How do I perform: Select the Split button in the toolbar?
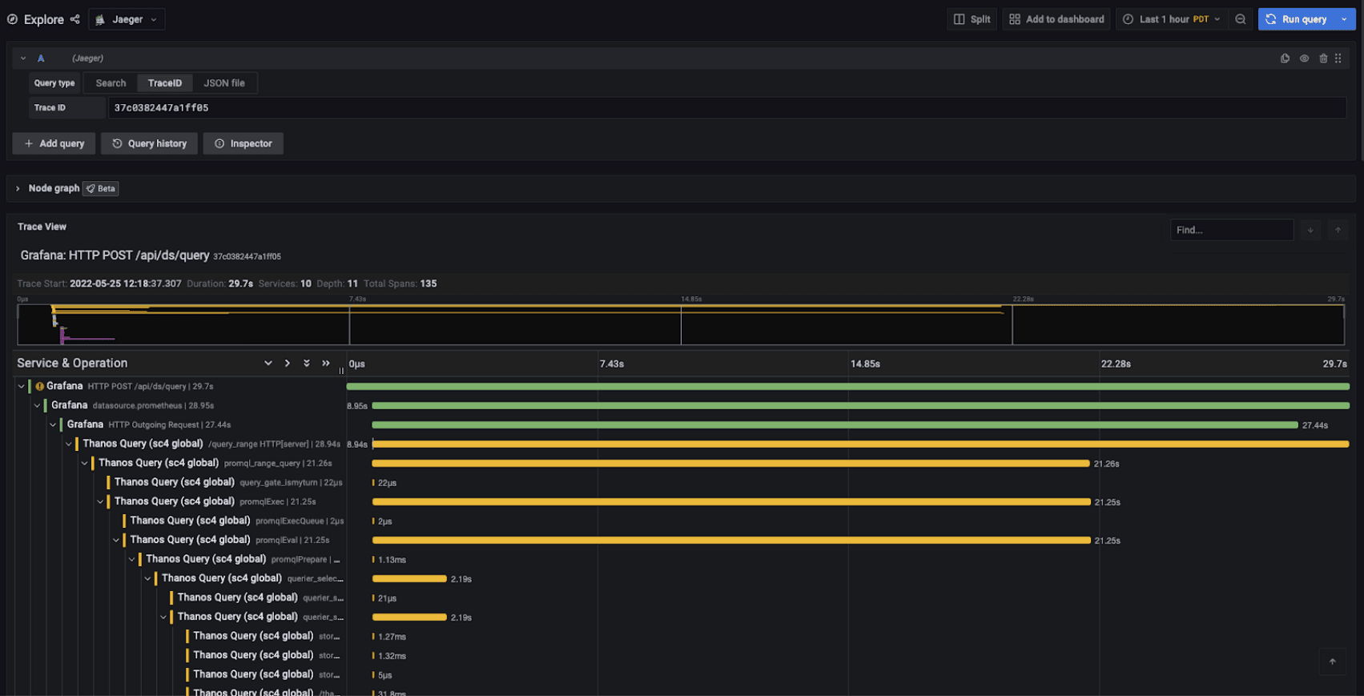click(972, 19)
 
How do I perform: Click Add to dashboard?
click(1056, 19)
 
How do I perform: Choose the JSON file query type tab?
click(224, 83)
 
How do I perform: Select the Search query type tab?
click(111, 83)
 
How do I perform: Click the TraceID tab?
click(165, 83)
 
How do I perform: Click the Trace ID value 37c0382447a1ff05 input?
click(721, 108)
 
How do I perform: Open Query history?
click(150, 143)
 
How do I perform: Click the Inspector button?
click(243, 143)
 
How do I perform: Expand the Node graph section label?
click(54, 188)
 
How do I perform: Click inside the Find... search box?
click(1231, 230)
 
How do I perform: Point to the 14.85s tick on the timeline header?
click(865, 364)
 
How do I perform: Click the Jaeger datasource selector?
click(127, 19)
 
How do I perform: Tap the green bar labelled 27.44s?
click(834, 425)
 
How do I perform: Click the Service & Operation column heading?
click(72, 364)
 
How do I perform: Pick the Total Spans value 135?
click(429, 284)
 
